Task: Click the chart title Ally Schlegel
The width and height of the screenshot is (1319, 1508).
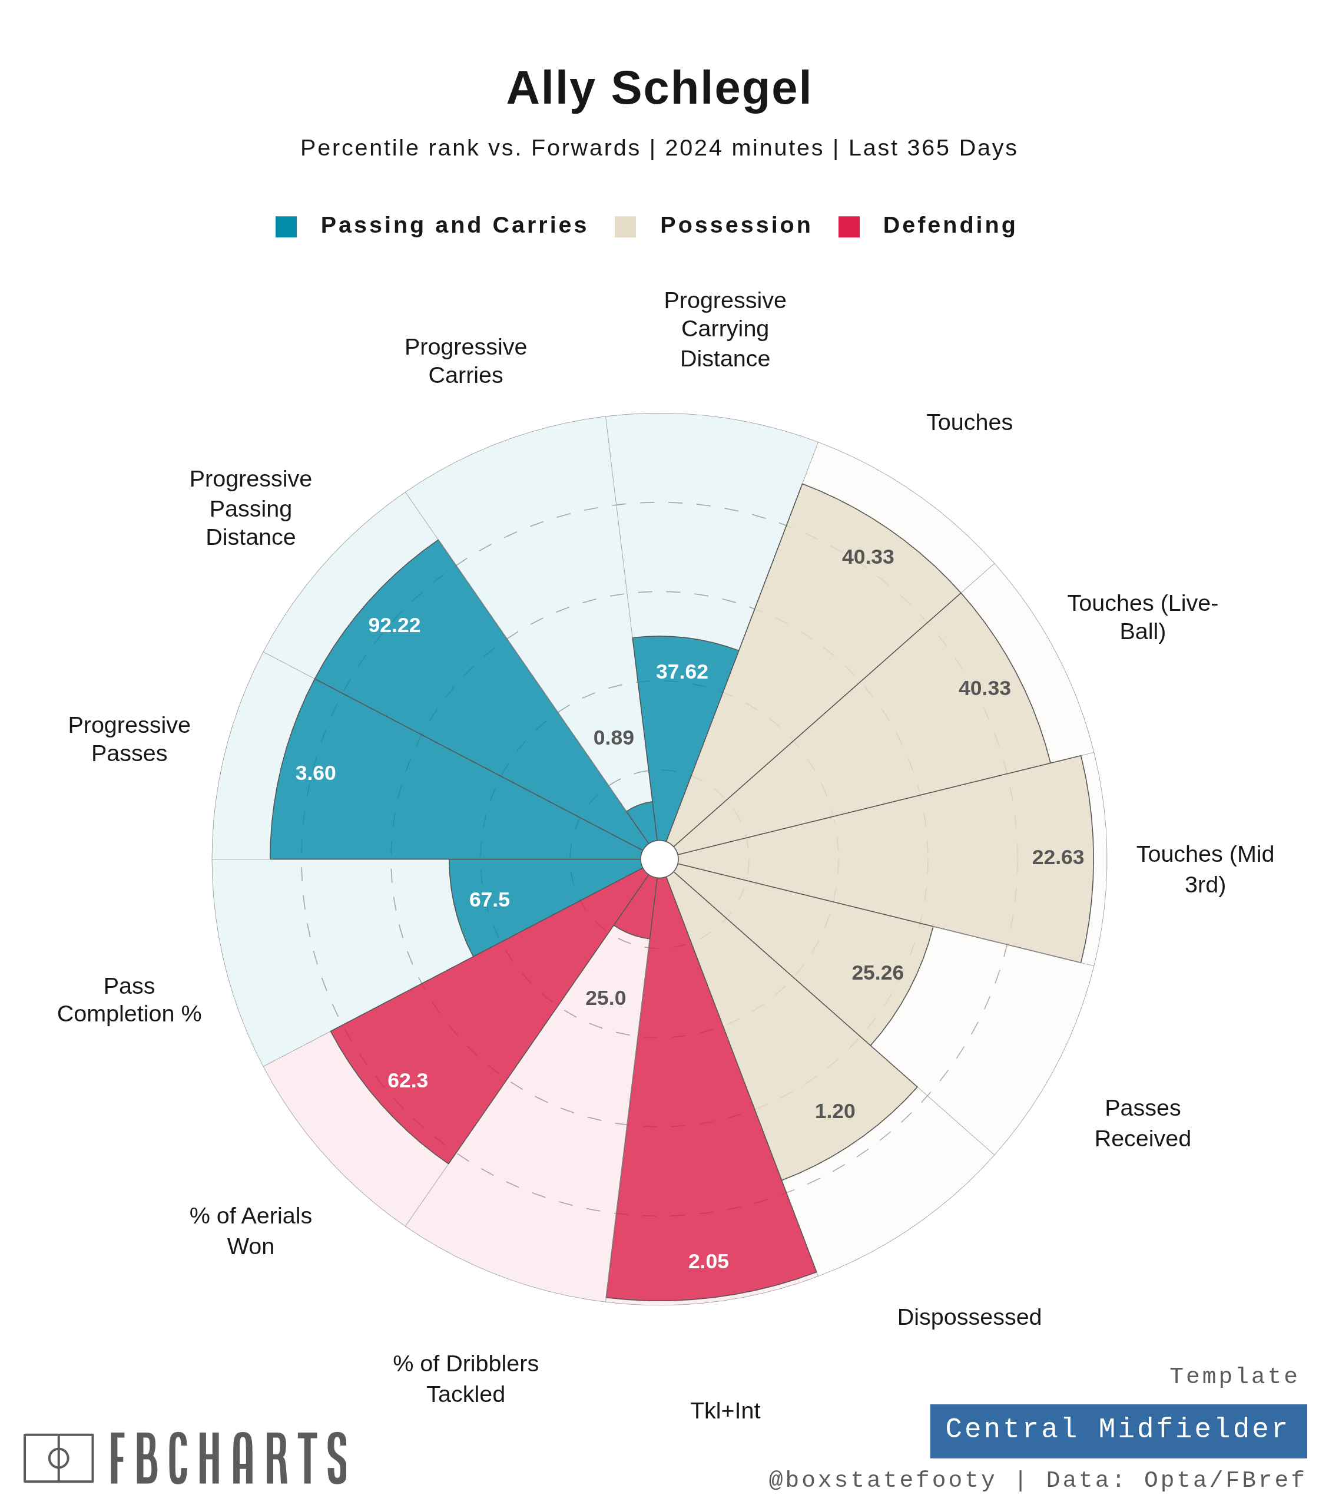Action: [x=659, y=88]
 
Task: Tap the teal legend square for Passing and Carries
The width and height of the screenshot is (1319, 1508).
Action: [x=286, y=227]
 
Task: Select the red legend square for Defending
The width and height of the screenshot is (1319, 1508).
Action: [x=849, y=227]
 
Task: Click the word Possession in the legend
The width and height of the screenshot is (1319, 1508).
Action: [x=735, y=225]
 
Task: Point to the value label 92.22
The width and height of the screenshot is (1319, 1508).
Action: [x=394, y=625]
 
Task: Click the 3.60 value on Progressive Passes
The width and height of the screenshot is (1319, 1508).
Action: [x=315, y=773]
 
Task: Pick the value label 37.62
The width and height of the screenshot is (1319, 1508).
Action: [x=682, y=672]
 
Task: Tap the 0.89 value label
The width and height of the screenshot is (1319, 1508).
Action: [x=613, y=738]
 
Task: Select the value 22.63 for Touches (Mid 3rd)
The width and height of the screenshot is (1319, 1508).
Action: [x=1057, y=857]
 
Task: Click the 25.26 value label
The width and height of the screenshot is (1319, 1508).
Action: [x=877, y=973]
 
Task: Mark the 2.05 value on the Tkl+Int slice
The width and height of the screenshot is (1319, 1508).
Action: [x=708, y=1261]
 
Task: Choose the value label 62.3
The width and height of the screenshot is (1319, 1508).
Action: [x=407, y=1080]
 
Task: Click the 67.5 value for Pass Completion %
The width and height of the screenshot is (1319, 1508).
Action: [x=489, y=900]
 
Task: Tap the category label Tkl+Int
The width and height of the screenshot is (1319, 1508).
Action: [x=724, y=1411]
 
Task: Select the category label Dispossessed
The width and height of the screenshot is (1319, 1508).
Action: [x=969, y=1317]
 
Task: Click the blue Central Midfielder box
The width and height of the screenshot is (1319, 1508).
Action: [x=1118, y=1428]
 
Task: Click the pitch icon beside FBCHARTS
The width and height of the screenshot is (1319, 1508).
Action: [x=59, y=1458]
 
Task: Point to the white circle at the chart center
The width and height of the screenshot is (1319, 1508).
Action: [x=659, y=859]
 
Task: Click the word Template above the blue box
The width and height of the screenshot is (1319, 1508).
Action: [x=1234, y=1376]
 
